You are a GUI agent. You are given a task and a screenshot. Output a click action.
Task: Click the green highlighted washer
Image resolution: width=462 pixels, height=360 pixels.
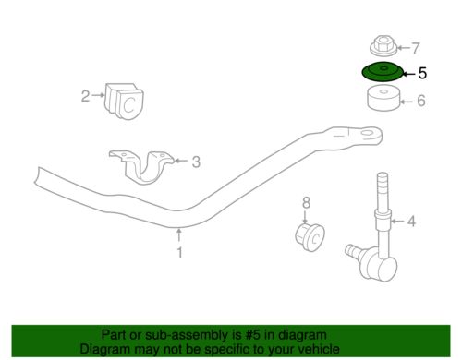pos(383,73)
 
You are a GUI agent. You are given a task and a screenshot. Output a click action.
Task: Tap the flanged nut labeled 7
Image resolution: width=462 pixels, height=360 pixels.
pos(383,46)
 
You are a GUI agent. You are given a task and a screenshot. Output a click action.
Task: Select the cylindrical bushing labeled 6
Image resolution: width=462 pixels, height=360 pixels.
pos(383,99)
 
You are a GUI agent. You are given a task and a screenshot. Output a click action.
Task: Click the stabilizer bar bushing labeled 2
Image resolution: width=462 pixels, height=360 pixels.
pos(125,101)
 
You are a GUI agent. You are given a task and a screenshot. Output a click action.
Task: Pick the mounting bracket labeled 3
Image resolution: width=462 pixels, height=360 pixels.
pos(141,167)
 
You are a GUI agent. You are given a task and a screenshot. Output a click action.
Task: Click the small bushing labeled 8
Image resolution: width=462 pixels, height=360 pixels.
pos(310,237)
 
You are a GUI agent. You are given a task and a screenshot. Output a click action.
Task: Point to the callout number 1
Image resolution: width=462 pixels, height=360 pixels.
pos(179,253)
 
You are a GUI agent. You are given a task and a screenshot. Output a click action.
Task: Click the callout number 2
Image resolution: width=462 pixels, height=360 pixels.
pos(86,96)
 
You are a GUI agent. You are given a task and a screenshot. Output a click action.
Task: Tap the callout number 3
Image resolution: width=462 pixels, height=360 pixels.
pos(196,162)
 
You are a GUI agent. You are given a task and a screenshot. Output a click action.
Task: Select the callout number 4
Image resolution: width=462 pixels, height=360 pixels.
pos(411,222)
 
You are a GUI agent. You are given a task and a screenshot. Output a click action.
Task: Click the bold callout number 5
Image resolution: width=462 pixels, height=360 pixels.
pos(422,74)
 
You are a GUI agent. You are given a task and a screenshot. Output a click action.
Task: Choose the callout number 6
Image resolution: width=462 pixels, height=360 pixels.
pos(421,101)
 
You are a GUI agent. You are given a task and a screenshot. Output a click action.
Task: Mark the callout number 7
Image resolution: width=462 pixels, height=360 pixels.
pos(416,48)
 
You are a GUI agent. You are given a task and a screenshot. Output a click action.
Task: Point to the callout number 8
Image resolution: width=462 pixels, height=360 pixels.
pos(306,203)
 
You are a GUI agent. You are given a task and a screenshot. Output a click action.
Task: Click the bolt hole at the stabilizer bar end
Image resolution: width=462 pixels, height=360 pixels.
pos(366,133)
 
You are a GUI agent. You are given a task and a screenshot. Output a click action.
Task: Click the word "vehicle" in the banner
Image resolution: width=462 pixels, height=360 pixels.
pos(320,349)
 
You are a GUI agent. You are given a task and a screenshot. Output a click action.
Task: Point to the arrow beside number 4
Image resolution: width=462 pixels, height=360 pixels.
pos(398,221)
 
